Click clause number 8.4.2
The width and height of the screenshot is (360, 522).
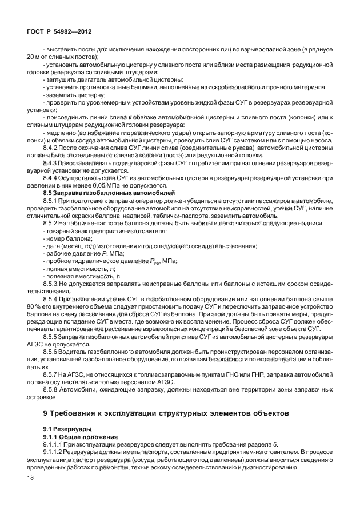pos(53,148)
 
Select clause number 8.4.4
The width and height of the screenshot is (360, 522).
pos(53,177)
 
